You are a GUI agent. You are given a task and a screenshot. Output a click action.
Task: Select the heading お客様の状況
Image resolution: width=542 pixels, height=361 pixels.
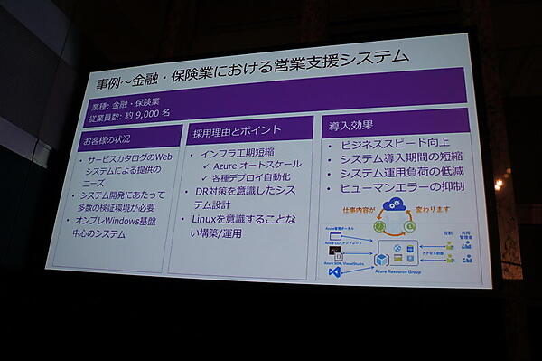107,140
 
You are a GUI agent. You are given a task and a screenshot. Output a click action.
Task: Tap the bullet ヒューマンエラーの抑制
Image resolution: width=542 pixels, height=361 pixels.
405,188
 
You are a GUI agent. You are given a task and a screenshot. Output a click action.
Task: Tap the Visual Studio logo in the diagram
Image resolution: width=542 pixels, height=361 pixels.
334,271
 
